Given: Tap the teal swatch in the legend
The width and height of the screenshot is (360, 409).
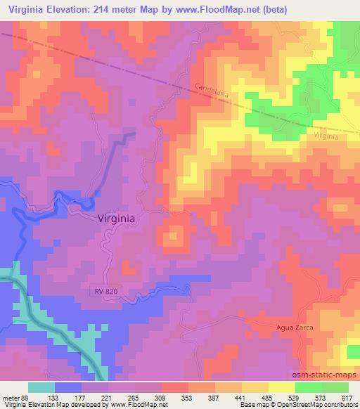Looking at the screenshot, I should tap(41, 387).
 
